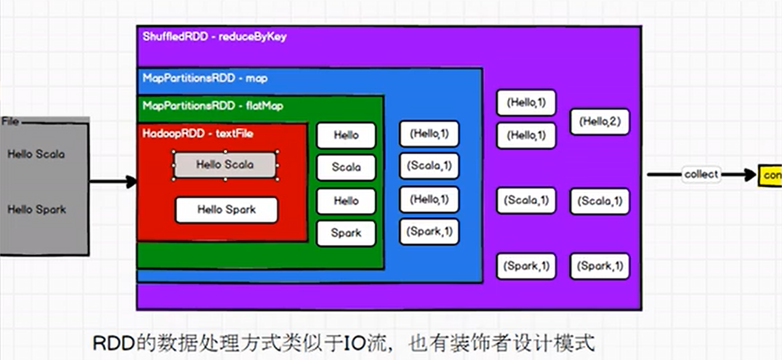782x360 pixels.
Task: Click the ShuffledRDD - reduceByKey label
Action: [214, 37]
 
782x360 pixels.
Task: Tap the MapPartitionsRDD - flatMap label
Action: [213, 106]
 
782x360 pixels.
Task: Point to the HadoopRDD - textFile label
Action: [198, 133]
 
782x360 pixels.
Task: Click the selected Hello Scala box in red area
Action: [225, 165]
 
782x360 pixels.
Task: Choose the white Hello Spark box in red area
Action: [227, 210]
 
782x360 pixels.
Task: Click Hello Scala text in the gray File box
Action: [36, 154]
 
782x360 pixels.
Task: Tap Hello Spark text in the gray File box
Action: [36, 210]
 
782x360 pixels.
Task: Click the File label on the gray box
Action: [10, 122]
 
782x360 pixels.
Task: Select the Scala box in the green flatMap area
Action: [346, 167]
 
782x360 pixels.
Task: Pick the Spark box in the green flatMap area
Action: [346, 233]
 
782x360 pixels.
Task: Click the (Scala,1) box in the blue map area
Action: [429, 166]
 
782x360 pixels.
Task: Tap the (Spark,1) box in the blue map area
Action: [429, 232]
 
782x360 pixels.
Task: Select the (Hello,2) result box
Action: [600, 122]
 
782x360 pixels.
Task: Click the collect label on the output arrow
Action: [701, 174]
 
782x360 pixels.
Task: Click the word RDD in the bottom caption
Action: [108, 342]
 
